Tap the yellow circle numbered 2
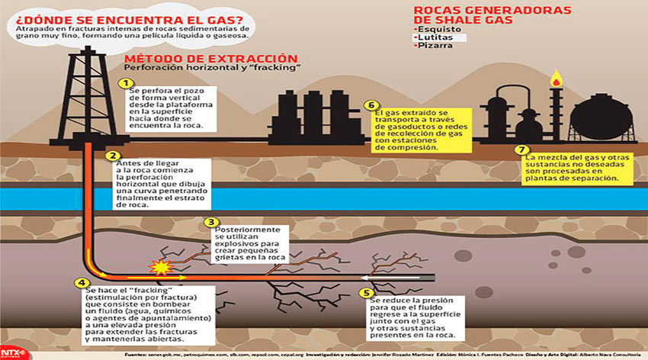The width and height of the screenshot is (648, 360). click(x=114, y=156)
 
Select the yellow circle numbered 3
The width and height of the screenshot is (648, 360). click(x=212, y=223)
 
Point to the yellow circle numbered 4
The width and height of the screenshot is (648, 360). click(x=81, y=283)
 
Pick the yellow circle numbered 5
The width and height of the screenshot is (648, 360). click(x=367, y=291)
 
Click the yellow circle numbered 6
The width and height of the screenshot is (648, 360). click(x=371, y=105)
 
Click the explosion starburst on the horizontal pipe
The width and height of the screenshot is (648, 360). click(x=161, y=268)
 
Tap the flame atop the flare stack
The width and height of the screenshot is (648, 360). click(x=557, y=78)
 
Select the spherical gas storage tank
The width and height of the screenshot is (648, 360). click(x=601, y=121)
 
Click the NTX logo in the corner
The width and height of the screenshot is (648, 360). click(x=11, y=352)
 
